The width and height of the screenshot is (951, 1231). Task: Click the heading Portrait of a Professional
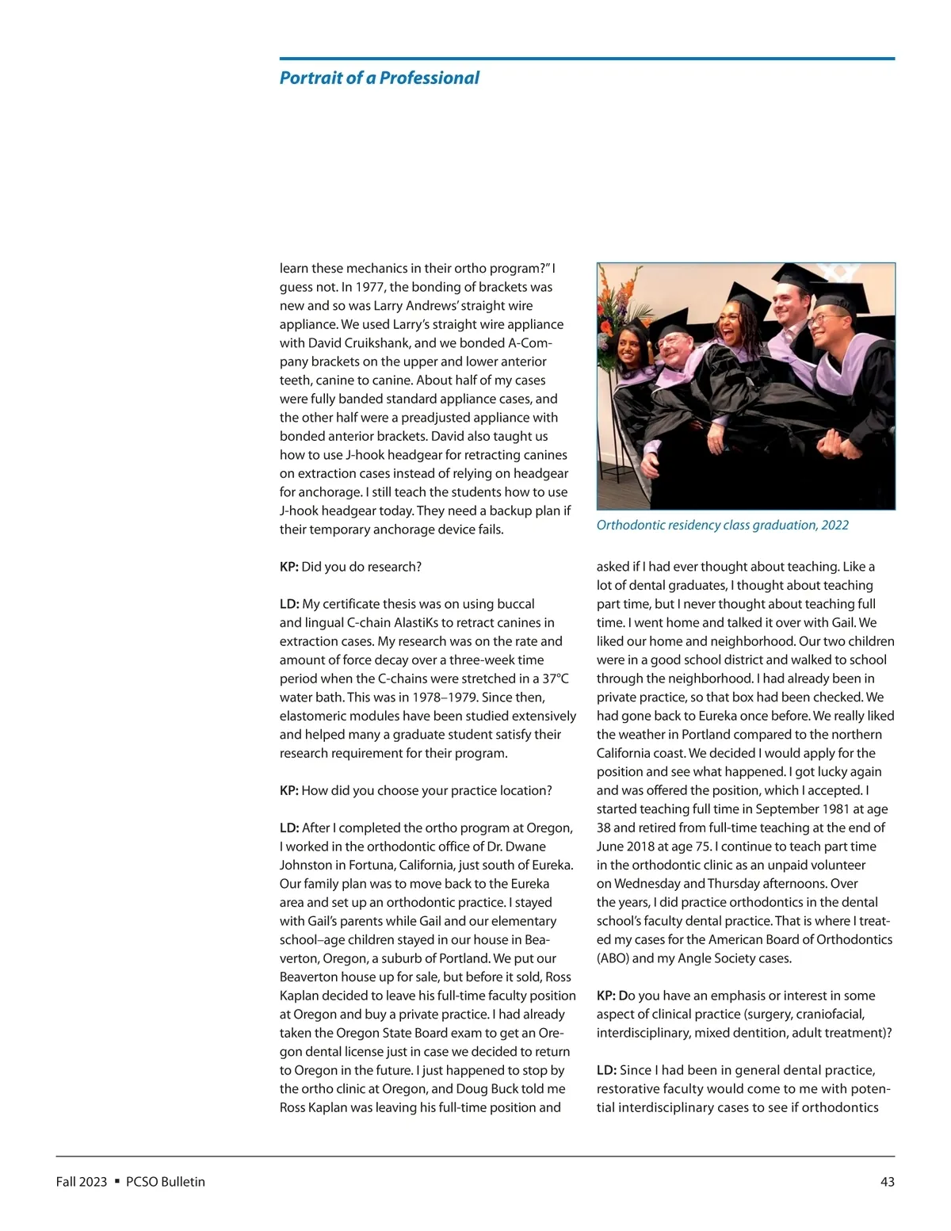[x=379, y=78]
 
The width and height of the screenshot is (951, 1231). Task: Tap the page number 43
[x=887, y=1181]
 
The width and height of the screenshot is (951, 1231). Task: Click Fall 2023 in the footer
[x=81, y=1181]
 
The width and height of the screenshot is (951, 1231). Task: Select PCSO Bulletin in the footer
[x=165, y=1181]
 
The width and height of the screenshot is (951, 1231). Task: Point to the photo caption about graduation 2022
[x=722, y=525]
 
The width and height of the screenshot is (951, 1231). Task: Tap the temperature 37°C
[x=555, y=679]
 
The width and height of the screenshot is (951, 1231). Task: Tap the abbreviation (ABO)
[x=613, y=958]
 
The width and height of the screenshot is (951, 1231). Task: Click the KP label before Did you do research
[x=288, y=567]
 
